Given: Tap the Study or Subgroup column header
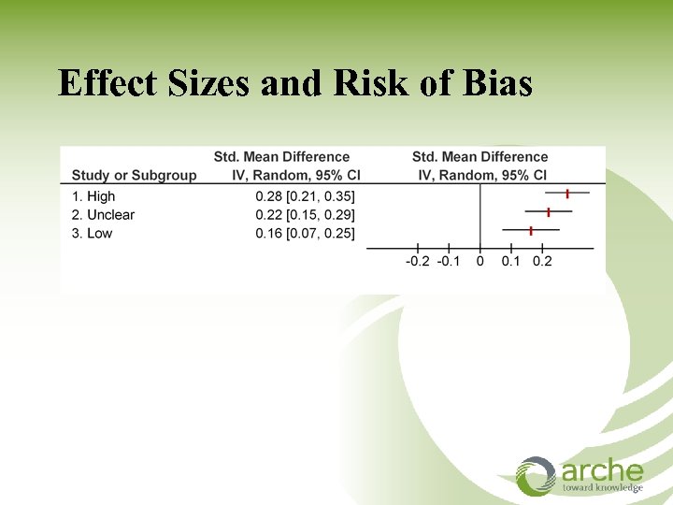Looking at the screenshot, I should tap(135, 175).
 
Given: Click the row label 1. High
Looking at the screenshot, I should tap(93, 196).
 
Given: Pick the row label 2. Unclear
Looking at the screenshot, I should tap(103, 215).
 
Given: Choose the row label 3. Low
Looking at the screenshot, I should tap(92, 233).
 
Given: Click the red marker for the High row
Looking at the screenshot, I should tap(567, 193).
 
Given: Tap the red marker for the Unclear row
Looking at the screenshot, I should tap(549, 211).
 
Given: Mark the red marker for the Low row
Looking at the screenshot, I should tap(531, 229).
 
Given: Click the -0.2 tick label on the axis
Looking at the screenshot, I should tap(417, 261).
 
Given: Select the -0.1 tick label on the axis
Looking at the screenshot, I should tap(449, 261).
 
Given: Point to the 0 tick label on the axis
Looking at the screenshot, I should tap(480, 261).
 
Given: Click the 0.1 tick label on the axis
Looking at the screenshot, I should tap(511, 261).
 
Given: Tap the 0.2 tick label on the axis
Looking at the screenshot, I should tap(542, 261).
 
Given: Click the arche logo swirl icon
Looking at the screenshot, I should tap(537, 475).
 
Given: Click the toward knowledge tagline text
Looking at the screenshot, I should tap(602, 487).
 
